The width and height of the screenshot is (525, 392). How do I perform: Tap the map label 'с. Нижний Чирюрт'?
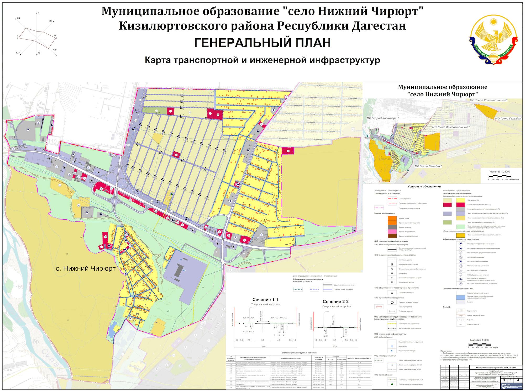coord(86,269)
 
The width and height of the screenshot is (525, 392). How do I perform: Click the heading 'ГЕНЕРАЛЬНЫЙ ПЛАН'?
coord(262,43)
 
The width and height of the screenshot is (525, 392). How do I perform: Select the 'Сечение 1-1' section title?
coord(265,300)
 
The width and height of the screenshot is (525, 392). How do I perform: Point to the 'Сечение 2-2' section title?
coord(335,301)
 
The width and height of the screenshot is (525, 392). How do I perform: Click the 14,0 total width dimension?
coord(263,347)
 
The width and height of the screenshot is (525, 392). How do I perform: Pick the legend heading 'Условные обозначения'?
coord(424,187)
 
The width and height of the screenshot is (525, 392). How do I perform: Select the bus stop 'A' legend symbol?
coord(392,293)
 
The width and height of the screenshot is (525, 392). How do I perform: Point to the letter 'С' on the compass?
coord(38,13)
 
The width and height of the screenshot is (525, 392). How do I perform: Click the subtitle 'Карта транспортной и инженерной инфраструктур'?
coord(262,60)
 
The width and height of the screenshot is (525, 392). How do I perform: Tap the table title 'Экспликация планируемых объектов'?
coord(295,353)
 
